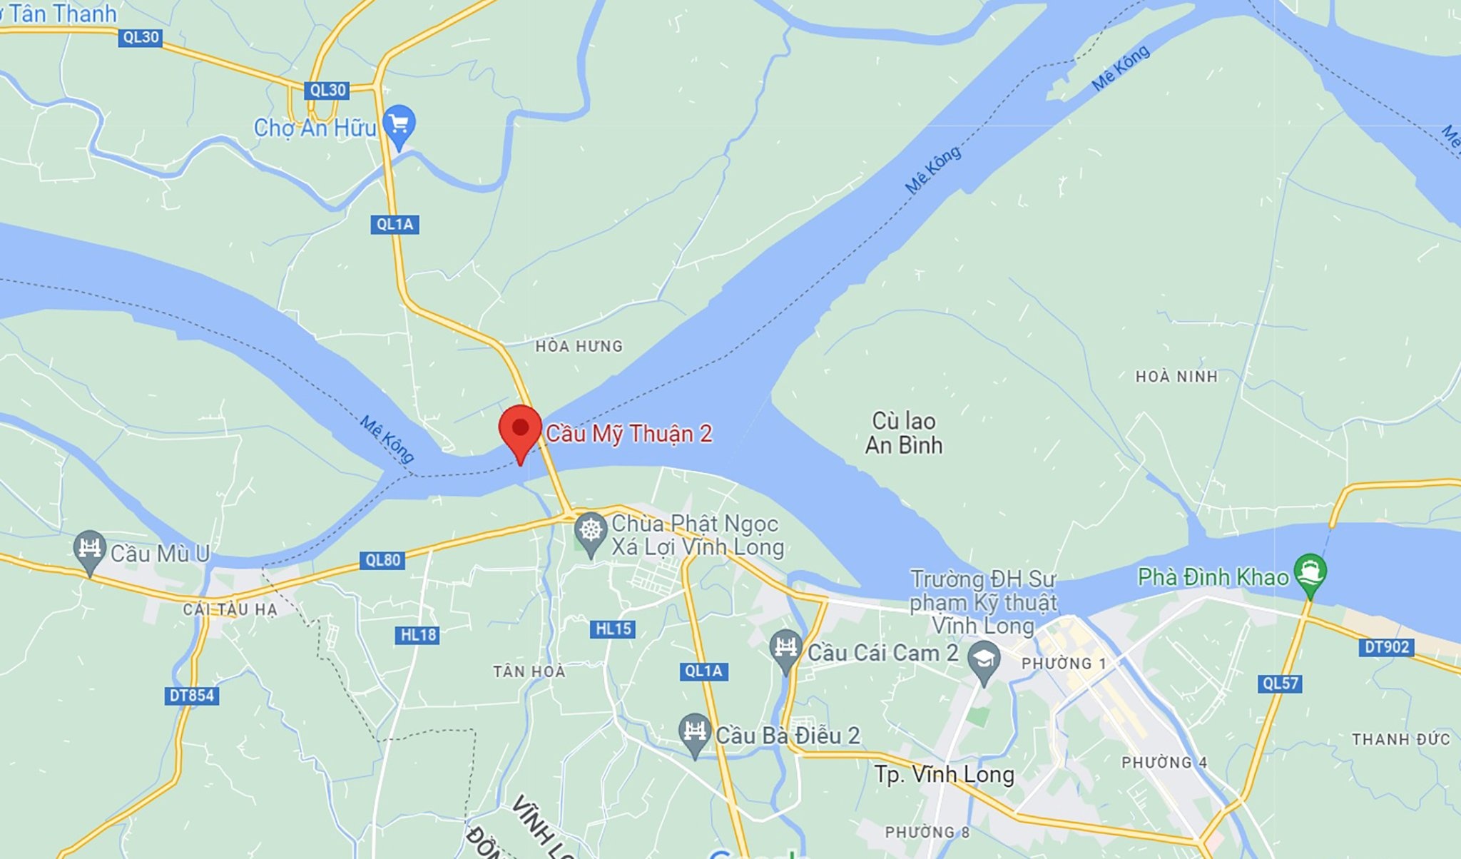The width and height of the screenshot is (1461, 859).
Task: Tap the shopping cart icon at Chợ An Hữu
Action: click(399, 125)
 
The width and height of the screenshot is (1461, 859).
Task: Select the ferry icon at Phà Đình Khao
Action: click(1310, 572)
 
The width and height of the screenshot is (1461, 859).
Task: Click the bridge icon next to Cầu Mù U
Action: click(89, 549)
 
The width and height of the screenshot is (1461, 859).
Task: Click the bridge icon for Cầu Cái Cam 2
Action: click(786, 648)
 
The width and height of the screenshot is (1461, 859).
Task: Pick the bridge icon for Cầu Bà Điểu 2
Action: click(694, 732)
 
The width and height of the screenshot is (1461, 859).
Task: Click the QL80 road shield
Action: click(383, 560)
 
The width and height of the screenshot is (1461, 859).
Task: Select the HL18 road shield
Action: click(417, 634)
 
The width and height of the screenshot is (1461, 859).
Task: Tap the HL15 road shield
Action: click(613, 629)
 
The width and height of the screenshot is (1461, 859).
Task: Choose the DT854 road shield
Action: click(191, 695)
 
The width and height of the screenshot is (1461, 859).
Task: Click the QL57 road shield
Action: click(1281, 683)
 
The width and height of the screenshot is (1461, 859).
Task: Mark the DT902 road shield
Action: click(1386, 646)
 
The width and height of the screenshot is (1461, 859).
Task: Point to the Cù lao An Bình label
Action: click(904, 433)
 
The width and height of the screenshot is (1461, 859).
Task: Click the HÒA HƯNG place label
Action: click(579, 346)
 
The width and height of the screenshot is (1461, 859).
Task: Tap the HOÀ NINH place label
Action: click(1176, 376)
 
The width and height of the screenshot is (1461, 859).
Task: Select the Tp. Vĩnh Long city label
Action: click(944, 774)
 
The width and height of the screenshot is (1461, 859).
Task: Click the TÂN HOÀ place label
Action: click(529, 671)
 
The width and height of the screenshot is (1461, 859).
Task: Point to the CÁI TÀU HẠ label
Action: click(230, 609)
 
